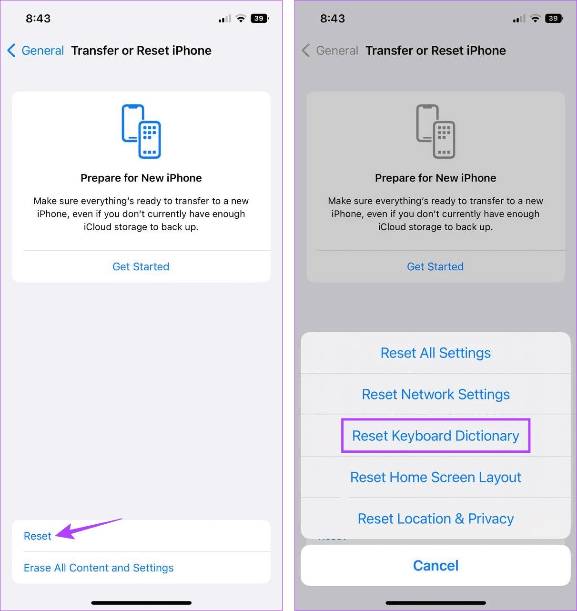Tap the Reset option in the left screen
38,536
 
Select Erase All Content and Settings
99,568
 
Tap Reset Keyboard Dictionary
435,436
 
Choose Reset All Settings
435,353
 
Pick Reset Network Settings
435,395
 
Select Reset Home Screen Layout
435,477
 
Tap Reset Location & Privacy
435,519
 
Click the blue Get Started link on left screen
141,266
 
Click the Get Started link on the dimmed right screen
435,266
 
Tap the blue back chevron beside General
12,51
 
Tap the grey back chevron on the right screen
306,51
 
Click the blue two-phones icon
141,131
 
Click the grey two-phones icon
435,131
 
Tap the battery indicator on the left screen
259,19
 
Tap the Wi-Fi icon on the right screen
536,19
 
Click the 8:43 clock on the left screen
38,19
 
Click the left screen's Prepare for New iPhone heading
141,178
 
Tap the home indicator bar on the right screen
435,603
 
